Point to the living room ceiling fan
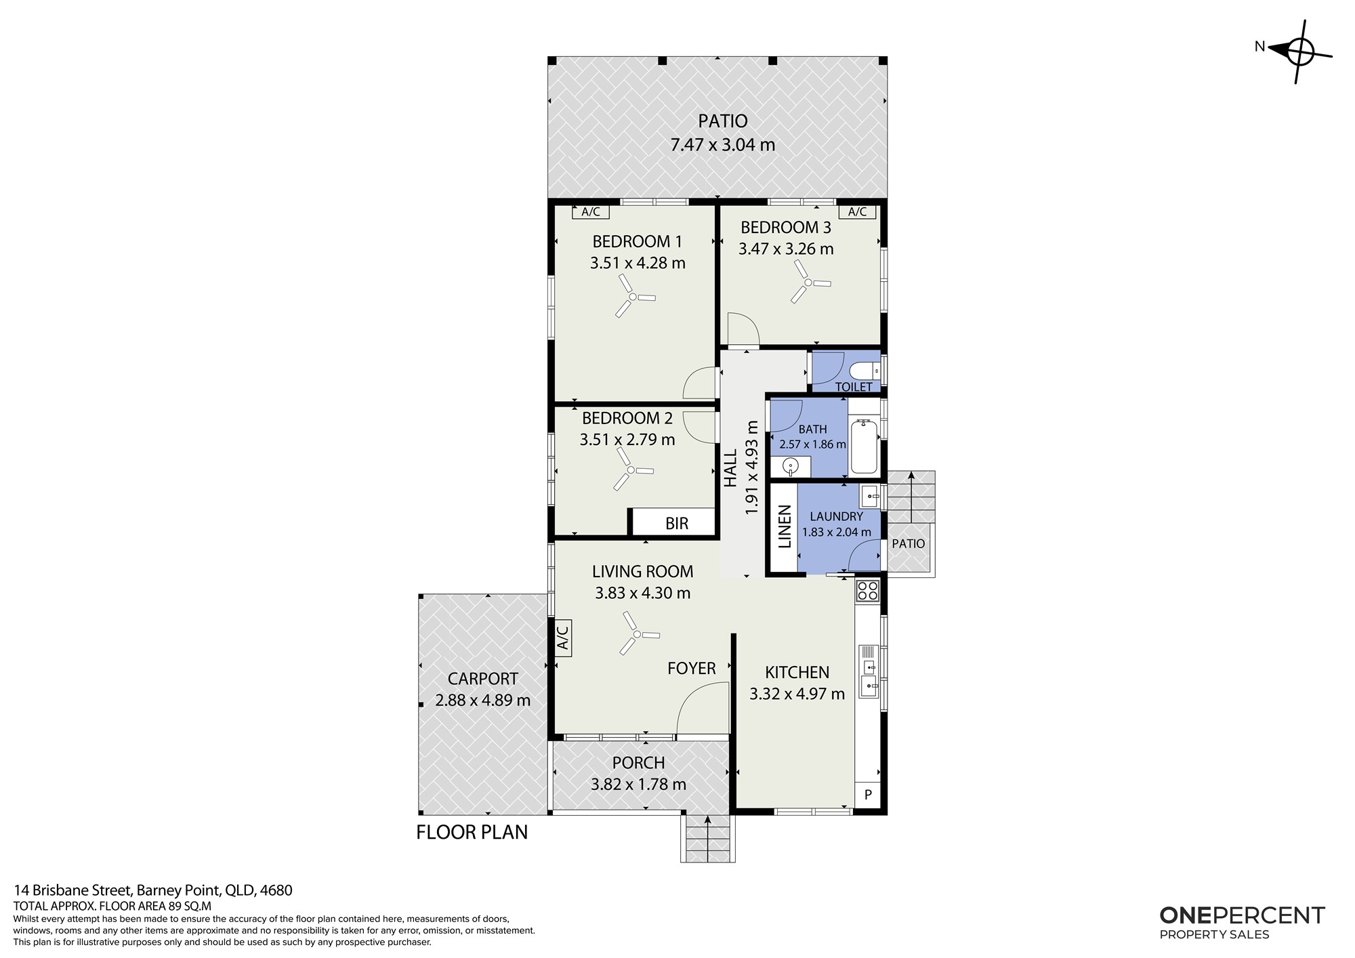click(636, 634)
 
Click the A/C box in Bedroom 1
click(591, 212)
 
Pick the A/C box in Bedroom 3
click(857, 212)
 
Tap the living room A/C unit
click(562, 638)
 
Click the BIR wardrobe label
click(677, 523)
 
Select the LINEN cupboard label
click(785, 526)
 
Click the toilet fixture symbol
click(864, 371)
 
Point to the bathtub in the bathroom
click(863, 446)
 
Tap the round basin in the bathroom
click(791, 465)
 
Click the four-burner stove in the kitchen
click(868, 591)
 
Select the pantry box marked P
click(868, 795)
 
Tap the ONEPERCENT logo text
click(1242, 915)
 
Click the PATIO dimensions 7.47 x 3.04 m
click(723, 145)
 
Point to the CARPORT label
click(483, 679)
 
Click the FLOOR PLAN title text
click(472, 832)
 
